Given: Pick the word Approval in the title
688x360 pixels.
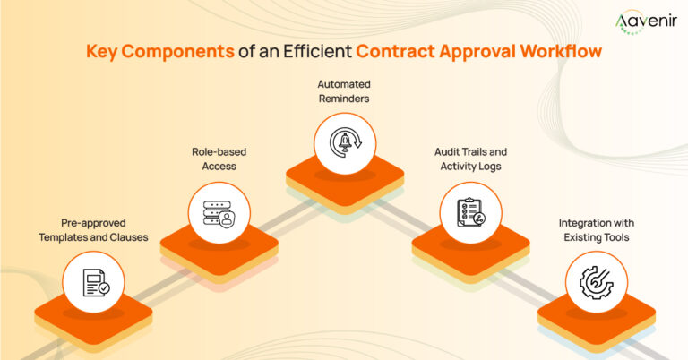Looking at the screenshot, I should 476,52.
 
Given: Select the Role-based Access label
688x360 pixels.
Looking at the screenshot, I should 219,159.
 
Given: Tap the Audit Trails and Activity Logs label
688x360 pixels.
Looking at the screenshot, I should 468,159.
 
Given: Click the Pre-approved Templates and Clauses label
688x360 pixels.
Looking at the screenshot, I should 93,231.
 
